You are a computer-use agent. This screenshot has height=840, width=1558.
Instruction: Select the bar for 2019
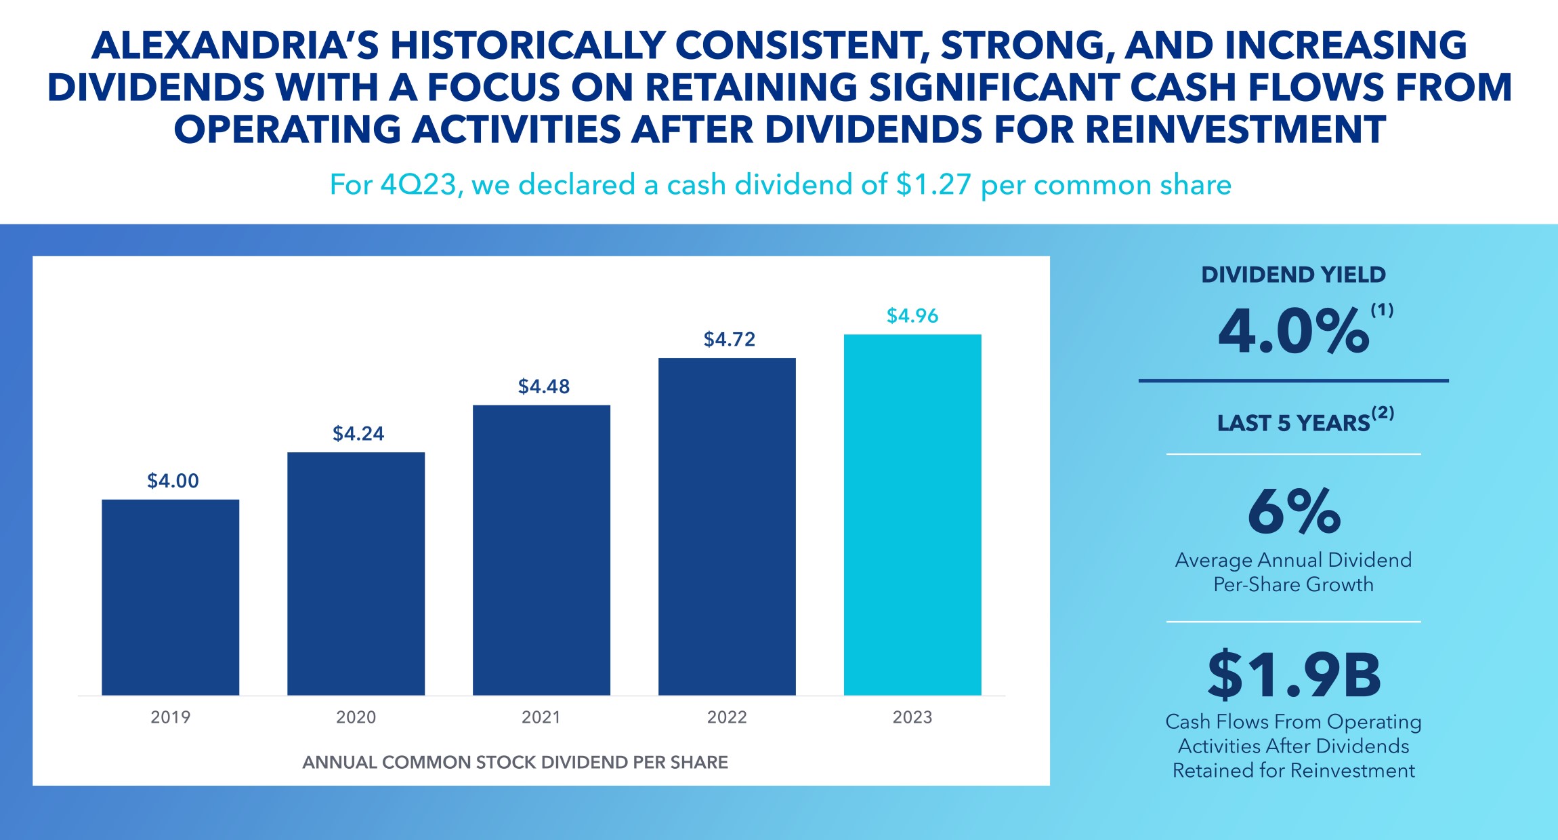tap(170, 597)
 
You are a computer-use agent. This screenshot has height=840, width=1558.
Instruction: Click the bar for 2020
tap(356, 573)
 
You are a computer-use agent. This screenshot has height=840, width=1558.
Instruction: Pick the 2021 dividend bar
tap(541, 549)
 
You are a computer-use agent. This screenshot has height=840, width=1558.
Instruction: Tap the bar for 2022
tap(727, 526)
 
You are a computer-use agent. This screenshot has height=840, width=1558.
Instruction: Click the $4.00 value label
tap(173, 481)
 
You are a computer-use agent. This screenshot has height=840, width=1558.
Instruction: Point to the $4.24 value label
tap(358, 433)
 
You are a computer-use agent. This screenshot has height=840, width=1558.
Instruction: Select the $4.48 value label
tap(544, 386)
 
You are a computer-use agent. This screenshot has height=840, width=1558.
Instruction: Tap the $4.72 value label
tap(730, 339)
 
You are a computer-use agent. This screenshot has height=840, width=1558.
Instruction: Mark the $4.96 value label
tap(912, 316)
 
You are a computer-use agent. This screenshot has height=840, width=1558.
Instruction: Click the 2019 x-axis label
tap(171, 717)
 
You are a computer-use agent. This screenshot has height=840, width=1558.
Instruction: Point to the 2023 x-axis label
tap(912, 717)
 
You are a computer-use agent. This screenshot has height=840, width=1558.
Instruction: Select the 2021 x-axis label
tap(541, 717)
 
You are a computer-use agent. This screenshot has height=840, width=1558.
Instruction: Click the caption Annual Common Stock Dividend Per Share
tap(515, 762)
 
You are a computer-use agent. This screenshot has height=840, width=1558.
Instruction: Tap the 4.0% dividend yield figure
tap(1293, 332)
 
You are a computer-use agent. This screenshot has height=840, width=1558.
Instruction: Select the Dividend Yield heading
tap(1293, 275)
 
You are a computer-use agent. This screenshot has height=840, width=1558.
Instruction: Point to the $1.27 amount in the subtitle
tap(933, 184)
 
